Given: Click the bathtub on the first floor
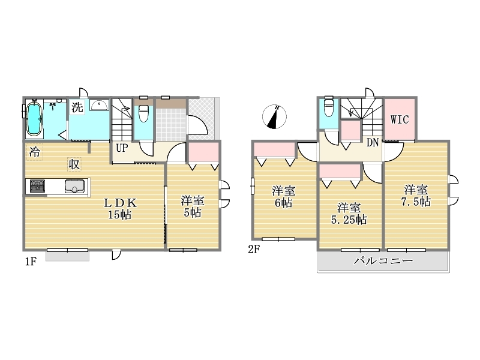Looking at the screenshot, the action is click(x=34, y=119).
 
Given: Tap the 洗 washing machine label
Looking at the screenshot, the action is click(x=77, y=107).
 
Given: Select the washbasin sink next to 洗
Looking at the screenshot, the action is click(x=99, y=105).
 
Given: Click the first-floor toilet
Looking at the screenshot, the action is click(x=143, y=113).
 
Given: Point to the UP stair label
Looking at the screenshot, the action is click(x=122, y=148).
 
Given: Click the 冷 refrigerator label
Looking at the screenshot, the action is click(x=35, y=152).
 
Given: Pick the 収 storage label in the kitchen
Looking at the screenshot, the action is click(x=74, y=164).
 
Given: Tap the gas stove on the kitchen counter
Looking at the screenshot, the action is click(x=37, y=186).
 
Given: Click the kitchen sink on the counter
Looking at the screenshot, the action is click(x=74, y=186).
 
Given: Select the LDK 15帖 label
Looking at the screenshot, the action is click(x=120, y=208).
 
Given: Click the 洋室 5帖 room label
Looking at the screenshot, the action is click(x=193, y=206).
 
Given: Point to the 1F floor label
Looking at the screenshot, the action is click(x=31, y=262).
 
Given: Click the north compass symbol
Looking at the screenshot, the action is click(x=274, y=116).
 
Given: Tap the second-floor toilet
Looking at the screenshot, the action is click(x=329, y=107).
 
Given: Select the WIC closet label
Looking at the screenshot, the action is click(x=400, y=119).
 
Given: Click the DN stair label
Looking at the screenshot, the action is click(x=373, y=143).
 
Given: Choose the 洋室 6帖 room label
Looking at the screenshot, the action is click(x=284, y=197).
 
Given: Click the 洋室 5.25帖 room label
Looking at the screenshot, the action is click(x=349, y=214).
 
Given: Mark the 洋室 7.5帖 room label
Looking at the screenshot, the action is click(x=416, y=196).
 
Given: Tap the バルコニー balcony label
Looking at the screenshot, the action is click(x=383, y=261).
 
